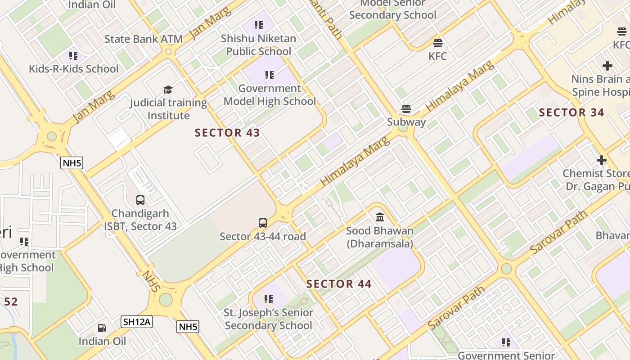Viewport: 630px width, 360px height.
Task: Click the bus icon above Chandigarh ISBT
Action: coord(140,200)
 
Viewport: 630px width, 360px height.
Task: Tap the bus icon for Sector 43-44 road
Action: coord(263,223)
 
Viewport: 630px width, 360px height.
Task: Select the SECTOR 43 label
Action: coord(227,133)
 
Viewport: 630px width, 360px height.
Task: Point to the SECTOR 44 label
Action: coord(339,284)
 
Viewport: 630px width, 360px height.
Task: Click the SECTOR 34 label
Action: coord(571,112)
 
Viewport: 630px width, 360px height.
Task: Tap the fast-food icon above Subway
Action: coord(406,109)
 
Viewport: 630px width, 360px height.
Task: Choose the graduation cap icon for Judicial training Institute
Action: coord(168,90)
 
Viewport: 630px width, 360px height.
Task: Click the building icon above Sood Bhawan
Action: coord(380,217)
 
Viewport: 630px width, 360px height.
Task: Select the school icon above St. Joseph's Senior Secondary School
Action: coord(269,299)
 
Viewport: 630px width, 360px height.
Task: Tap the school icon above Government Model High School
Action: coord(270,75)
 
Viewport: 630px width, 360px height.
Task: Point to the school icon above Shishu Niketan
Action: coord(258,25)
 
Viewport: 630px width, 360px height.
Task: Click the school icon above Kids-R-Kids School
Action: coord(73,56)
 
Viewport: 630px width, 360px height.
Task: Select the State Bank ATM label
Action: coord(144,39)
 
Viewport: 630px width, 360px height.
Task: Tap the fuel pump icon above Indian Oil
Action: coord(102,328)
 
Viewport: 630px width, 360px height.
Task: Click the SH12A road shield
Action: coord(137,321)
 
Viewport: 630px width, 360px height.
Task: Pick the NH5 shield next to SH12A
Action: coord(188,327)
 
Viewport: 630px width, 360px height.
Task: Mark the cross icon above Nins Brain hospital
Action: coord(607,66)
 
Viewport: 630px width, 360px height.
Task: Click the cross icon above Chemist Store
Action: coord(601,160)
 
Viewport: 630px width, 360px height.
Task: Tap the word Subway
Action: coord(406,122)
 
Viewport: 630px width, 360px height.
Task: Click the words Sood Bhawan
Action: coord(379,231)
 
